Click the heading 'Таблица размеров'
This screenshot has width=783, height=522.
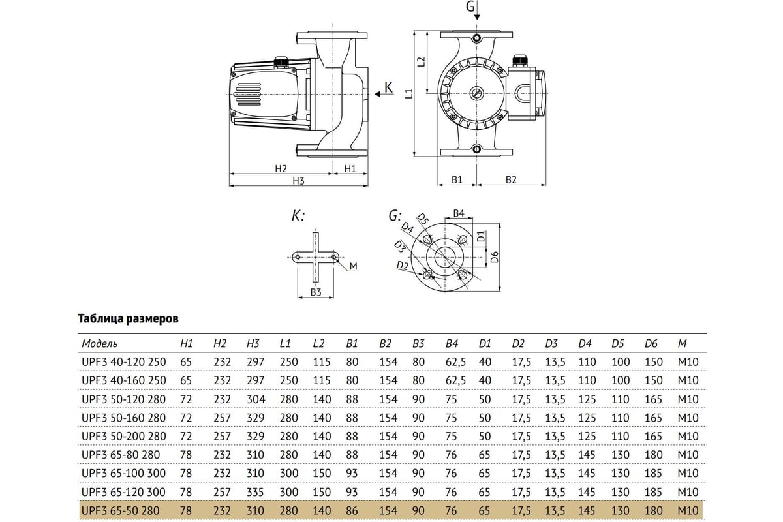pos(128,319)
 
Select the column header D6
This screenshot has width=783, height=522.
pos(651,344)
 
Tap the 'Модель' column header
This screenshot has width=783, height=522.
pos(99,344)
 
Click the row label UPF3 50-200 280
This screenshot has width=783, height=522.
pos(123,437)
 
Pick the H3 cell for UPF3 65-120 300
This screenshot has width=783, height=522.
pos(255,492)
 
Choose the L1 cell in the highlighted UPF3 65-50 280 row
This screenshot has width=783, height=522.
pos(288,510)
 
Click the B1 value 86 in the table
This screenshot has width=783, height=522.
pos(352,510)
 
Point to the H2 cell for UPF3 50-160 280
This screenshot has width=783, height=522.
pos(222,418)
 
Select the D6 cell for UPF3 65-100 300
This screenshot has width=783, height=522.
pos(653,474)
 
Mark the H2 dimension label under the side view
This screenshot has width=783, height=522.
pos(281,169)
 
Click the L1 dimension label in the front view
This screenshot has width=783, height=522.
pos(409,93)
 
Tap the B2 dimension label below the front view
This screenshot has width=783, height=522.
pos(511,179)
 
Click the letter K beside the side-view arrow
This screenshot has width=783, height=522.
pos(388,87)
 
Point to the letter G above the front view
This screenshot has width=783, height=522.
pos(470,6)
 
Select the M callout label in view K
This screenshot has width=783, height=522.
pos(354,266)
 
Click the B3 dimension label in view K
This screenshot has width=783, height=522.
pos(316,292)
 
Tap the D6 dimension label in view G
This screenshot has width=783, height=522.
pos(495,257)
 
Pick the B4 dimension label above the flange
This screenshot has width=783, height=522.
pos(459,213)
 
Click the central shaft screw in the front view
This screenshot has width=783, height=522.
pos(476,93)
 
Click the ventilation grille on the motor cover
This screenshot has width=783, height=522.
pos(248,94)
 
